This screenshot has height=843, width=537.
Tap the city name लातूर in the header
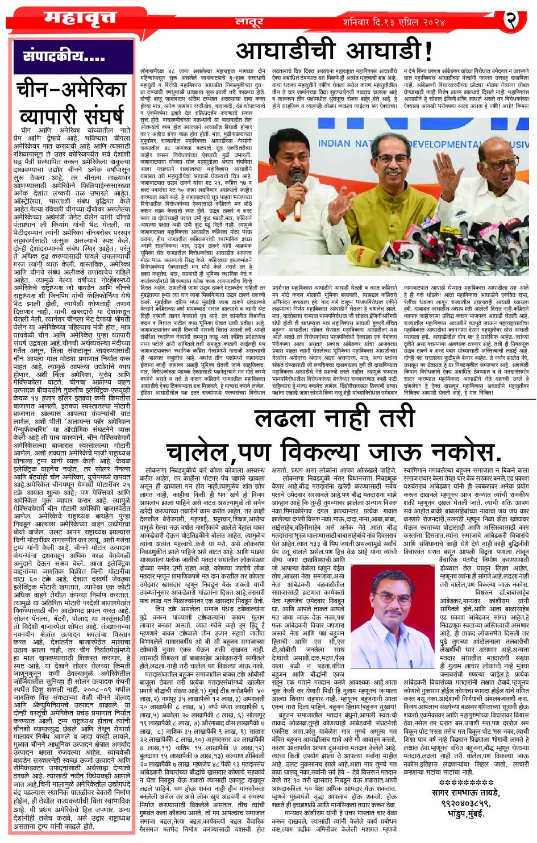pyautogui.click(x=249, y=22)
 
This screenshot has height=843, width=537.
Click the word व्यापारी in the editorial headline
pyautogui.click(x=72, y=116)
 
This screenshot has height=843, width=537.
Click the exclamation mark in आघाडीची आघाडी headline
pyautogui.click(x=428, y=52)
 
